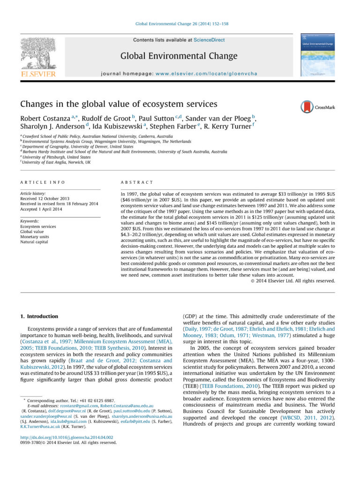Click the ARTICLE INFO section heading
[42, 182]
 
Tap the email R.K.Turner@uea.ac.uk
[40, 427]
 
